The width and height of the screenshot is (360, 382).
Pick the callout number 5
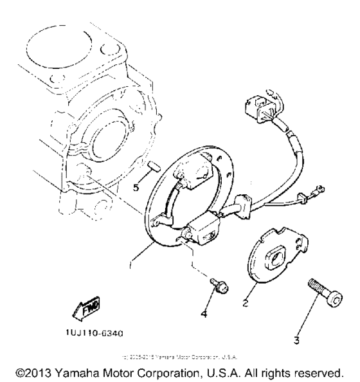pyautogui.click(x=136, y=188)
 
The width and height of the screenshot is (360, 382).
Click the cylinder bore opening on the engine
pyautogui.click(x=71, y=57)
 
